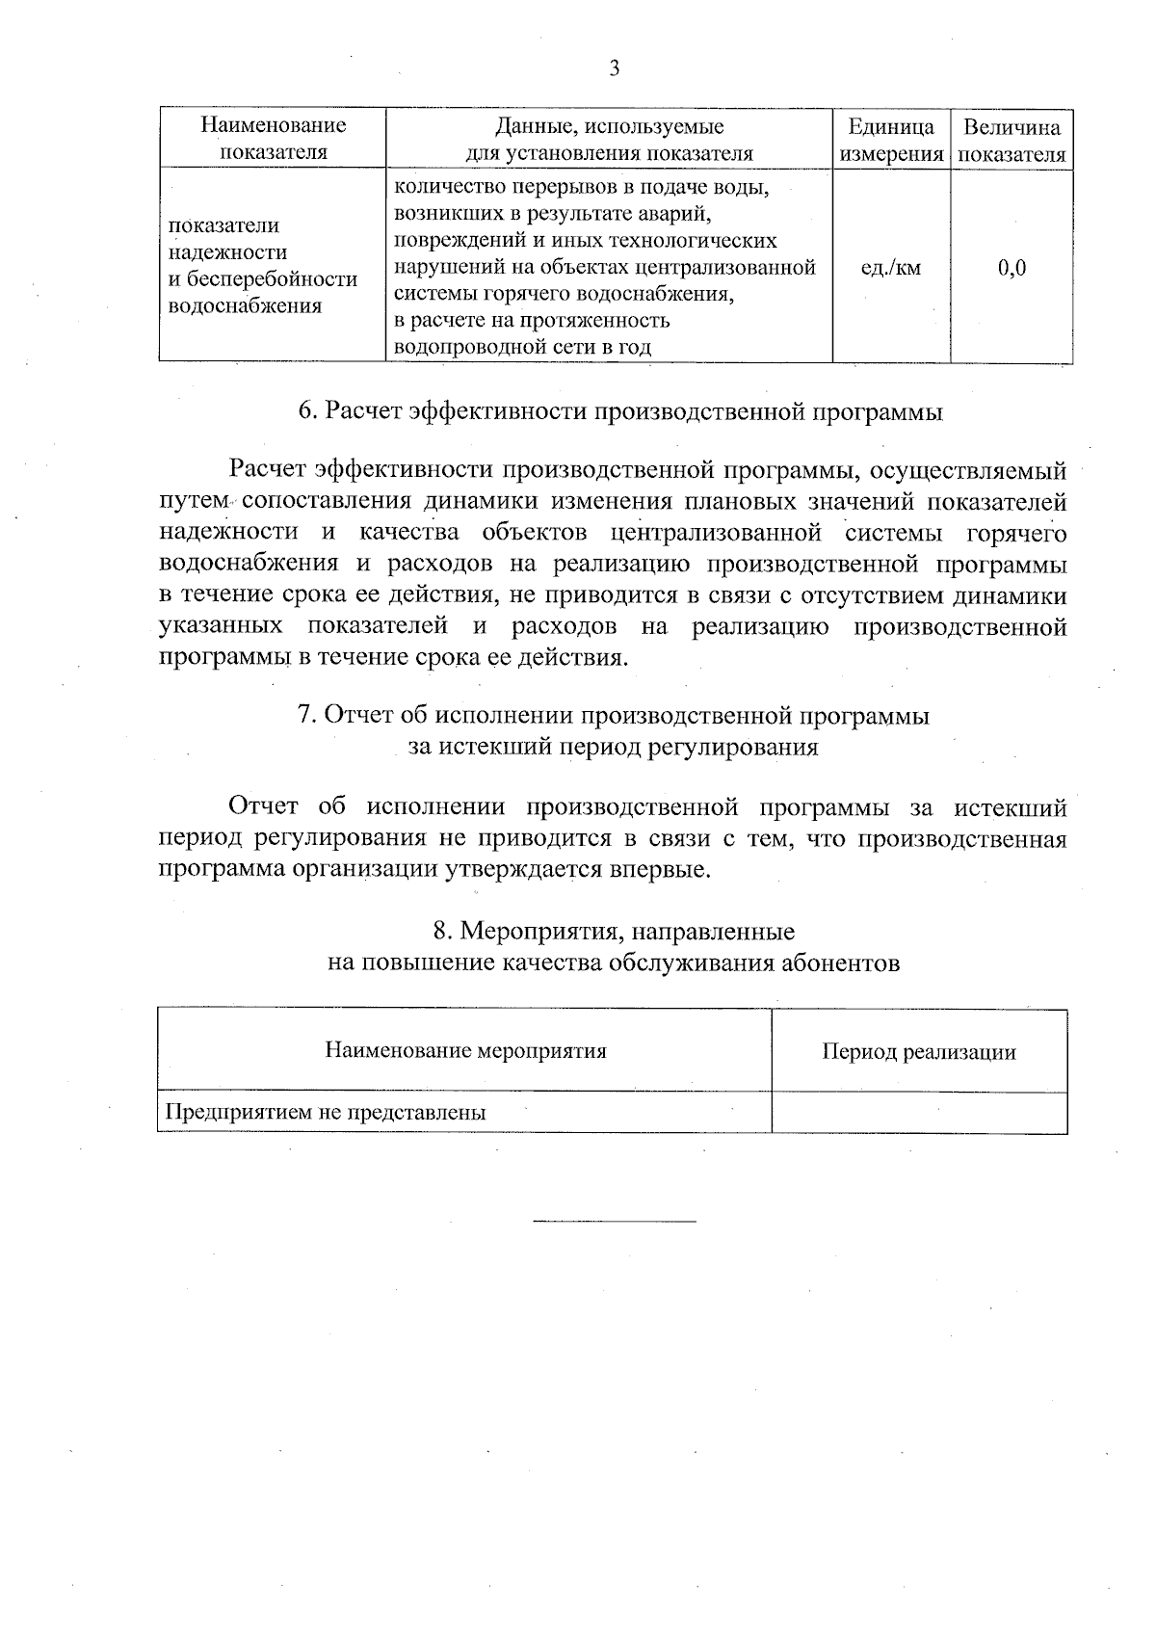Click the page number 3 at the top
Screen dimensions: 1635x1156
click(614, 69)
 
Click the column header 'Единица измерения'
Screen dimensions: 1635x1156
click(890, 141)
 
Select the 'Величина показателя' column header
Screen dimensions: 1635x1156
click(1011, 141)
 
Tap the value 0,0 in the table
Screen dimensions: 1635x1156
click(1011, 268)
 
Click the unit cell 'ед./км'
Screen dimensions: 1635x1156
click(890, 268)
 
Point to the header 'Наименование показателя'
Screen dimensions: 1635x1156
click(273, 139)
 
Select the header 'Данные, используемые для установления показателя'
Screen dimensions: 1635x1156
click(609, 139)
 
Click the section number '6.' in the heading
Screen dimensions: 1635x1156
click(307, 412)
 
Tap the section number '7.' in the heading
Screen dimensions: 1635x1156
click(306, 716)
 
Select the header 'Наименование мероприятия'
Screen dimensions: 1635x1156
click(465, 1051)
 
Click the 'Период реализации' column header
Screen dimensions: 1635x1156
click(918, 1052)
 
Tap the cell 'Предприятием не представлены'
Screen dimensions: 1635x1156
click(326, 1113)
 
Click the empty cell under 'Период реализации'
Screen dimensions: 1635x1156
click(918, 1113)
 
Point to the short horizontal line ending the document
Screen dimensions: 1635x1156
click(614, 1223)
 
